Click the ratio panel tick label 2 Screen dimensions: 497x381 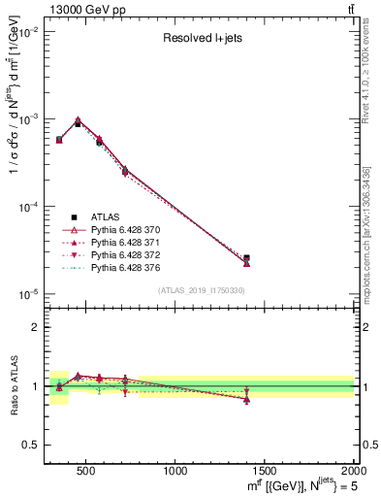pyautogui.click(x=36, y=327)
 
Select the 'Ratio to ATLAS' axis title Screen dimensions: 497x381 pyautogui.click(x=12, y=385)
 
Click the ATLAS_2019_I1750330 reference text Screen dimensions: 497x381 pyautogui.click(x=201, y=290)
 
